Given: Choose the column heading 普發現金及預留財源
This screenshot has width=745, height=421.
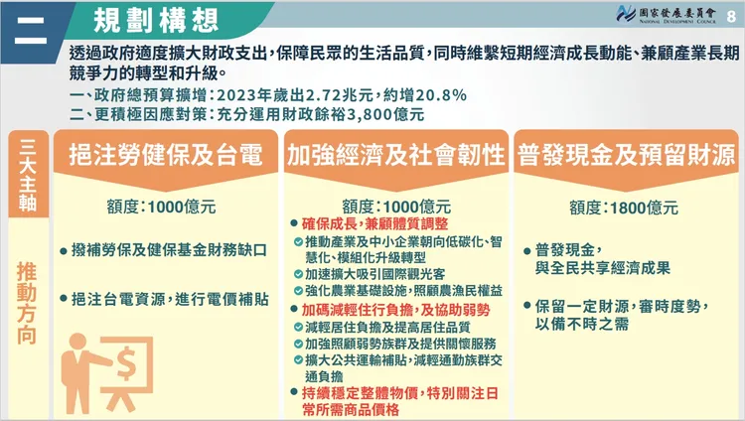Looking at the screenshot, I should (x=624, y=156).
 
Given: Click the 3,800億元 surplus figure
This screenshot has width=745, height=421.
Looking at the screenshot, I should (x=386, y=115).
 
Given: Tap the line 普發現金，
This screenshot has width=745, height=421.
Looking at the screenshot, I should (x=570, y=249).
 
